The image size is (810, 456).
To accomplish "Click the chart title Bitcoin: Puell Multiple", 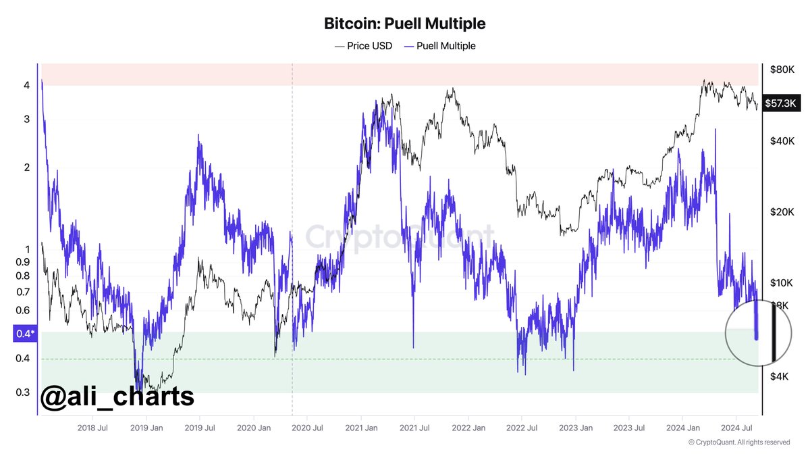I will tap(404, 24).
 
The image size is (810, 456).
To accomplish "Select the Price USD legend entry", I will tap(364, 46).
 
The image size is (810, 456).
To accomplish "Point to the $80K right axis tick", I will tap(782, 70).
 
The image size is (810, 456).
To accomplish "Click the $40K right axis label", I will tap(782, 141).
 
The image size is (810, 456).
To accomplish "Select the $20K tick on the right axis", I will tap(782, 211).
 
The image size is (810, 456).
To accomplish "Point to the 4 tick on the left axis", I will tap(26, 86).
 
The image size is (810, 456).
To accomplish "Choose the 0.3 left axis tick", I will tap(22, 392).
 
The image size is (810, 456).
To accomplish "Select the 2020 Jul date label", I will tap(307, 428).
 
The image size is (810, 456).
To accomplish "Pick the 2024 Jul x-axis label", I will tap(737, 428).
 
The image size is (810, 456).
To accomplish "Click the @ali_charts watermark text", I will tap(117, 396).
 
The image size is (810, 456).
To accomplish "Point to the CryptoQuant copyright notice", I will tap(739, 442).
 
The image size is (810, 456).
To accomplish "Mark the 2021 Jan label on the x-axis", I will tap(362, 428).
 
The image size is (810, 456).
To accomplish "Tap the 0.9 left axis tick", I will tap(22, 261).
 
